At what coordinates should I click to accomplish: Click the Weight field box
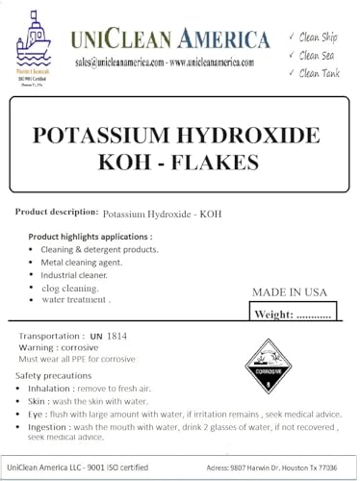pos(296,314)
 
